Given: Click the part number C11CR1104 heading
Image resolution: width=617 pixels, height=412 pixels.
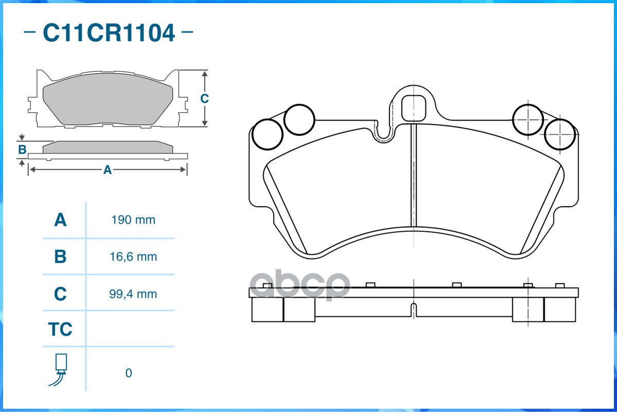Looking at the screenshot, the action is click(x=109, y=32).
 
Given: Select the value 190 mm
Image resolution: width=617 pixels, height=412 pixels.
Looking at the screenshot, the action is click(x=133, y=220).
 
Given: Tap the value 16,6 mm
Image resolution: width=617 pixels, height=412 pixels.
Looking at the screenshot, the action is click(x=133, y=257).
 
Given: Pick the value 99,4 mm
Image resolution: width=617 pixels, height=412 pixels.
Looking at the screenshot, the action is click(x=133, y=294).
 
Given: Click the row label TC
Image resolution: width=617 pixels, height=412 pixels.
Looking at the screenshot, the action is click(x=60, y=329).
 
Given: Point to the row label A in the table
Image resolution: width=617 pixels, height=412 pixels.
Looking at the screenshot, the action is click(x=60, y=220).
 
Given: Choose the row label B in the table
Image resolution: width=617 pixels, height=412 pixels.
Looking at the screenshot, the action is click(x=60, y=257).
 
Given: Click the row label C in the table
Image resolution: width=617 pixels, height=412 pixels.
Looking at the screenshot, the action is click(x=60, y=294).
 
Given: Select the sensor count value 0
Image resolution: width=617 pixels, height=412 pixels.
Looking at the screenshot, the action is click(x=129, y=373).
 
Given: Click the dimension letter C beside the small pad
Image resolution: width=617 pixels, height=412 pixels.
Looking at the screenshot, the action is click(x=204, y=98).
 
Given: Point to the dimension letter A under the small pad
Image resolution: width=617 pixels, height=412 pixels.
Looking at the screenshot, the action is click(x=108, y=170).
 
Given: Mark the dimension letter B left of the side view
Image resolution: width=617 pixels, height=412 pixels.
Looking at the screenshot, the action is click(x=23, y=150).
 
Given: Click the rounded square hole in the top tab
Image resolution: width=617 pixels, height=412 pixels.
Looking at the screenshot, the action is click(x=414, y=108).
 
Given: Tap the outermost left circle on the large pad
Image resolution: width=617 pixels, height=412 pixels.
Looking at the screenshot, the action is click(x=268, y=134).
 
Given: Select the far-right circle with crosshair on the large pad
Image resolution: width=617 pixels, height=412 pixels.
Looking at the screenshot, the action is click(x=560, y=134).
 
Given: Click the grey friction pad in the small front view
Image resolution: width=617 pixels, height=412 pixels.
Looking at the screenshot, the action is click(x=108, y=98).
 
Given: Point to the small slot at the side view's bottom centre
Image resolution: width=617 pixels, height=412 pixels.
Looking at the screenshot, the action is click(x=414, y=310).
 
